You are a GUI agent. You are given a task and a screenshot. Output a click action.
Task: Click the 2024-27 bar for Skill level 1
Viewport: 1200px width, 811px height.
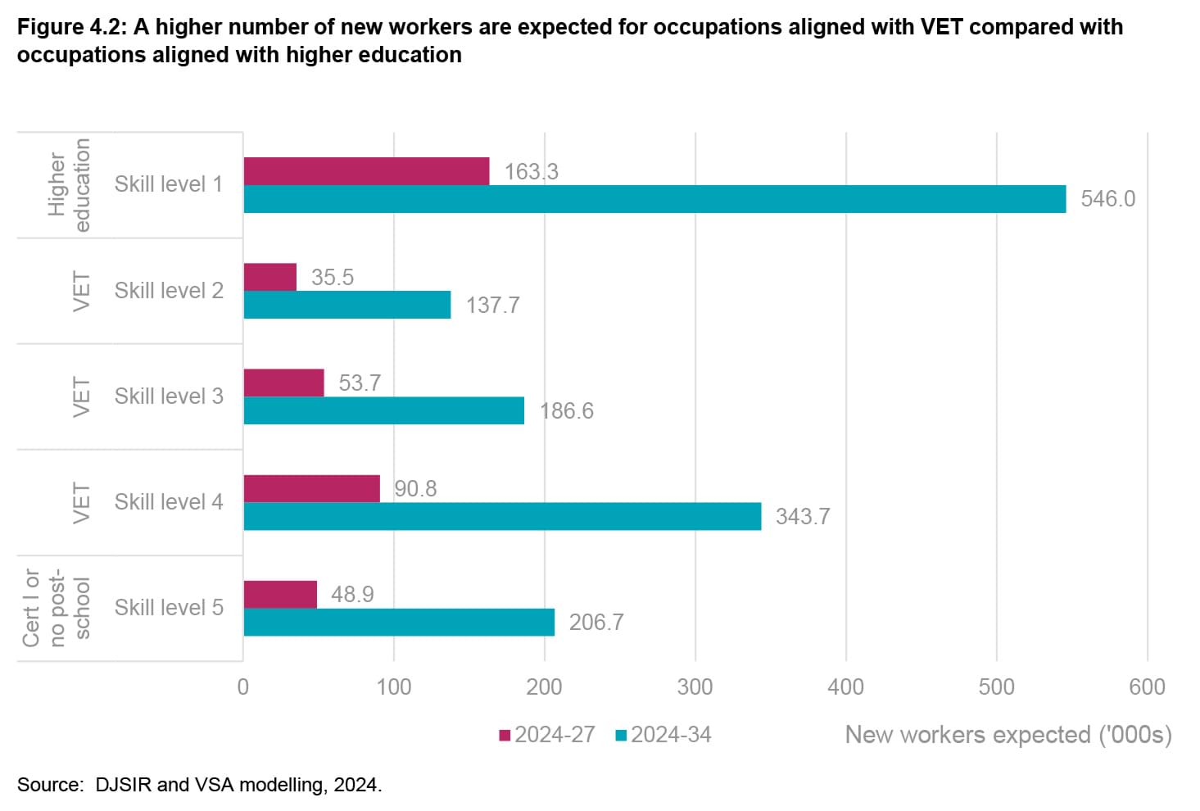(x=366, y=171)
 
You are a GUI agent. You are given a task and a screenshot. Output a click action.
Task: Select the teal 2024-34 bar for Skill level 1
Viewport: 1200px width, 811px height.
(x=654, y=199)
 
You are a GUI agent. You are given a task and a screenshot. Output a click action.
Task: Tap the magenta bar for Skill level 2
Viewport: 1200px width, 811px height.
(x=270, y=277)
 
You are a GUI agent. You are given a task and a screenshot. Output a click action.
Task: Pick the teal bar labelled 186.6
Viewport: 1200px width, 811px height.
(x=383, y=410)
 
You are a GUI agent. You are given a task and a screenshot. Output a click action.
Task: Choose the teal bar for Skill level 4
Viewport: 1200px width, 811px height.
(x=502, y=516)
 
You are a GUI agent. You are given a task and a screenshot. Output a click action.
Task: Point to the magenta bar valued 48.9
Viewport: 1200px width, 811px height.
(x=280, y=594)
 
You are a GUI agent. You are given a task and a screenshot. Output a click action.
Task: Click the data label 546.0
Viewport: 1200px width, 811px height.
(x=1107, y=199)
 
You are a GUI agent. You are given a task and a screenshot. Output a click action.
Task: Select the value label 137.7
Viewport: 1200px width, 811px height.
(x=492, y=305)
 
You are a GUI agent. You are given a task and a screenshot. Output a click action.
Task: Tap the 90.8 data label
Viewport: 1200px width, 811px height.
(x=415, y=488)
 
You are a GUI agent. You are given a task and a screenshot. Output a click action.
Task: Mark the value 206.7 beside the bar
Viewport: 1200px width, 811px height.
(x=596, y=622)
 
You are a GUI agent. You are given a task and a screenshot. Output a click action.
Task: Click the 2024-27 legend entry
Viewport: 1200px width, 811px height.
(x=547, y=734)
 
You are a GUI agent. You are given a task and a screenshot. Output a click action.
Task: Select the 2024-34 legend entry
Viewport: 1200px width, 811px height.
(x=663, y=734)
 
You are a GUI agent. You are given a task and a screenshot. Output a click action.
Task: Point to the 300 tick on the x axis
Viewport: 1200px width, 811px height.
(x=695, y=686)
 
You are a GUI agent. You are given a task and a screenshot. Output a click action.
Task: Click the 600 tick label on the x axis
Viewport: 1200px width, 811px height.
(x=1147, y=686)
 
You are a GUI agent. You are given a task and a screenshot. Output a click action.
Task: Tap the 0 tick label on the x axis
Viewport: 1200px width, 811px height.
(x=243, y=686)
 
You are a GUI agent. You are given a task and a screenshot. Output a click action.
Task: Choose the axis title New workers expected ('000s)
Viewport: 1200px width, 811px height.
(x=1008, y=734)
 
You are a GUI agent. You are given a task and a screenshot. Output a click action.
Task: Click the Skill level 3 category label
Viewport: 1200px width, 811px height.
(x=169, y=396)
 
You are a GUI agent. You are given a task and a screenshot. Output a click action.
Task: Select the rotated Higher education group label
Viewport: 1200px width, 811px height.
(x=69, y=184)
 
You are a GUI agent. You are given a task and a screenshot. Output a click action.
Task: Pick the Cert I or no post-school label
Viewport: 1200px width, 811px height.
(x=56, y=607)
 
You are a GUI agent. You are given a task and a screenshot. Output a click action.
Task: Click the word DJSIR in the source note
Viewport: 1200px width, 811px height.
(x=123, y=785)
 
